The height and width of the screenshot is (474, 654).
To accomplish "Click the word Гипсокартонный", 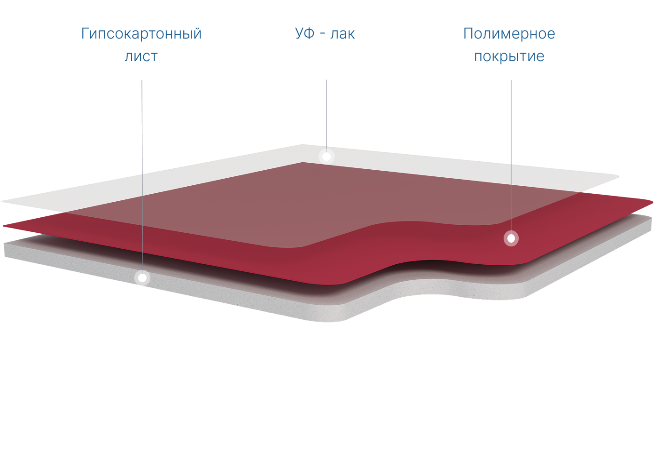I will pyautogui.click(x=141, y=34).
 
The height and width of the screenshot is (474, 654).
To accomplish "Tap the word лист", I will pyautogui.click(x=141, y=56).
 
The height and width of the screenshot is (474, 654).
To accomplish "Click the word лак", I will pyautogui.click(x=343, y=34).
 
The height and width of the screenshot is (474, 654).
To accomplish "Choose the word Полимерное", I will pyautogui.click(x=509, y=34).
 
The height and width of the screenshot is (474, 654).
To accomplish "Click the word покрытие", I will pyautogui.click(x=509, y=56).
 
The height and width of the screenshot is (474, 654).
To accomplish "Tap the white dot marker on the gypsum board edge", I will pyautogui.click(x=142, y=278).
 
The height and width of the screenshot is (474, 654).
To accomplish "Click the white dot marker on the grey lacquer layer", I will pyautogui.click(x=326, y=156).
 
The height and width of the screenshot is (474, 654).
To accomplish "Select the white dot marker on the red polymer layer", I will pyautogui.click(x=511, y=238).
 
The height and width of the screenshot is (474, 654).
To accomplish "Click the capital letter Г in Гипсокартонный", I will pyautogui.click(x=85, y=34).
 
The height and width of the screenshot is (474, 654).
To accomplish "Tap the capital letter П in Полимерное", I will pyautogui.click(x=468, y=34).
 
